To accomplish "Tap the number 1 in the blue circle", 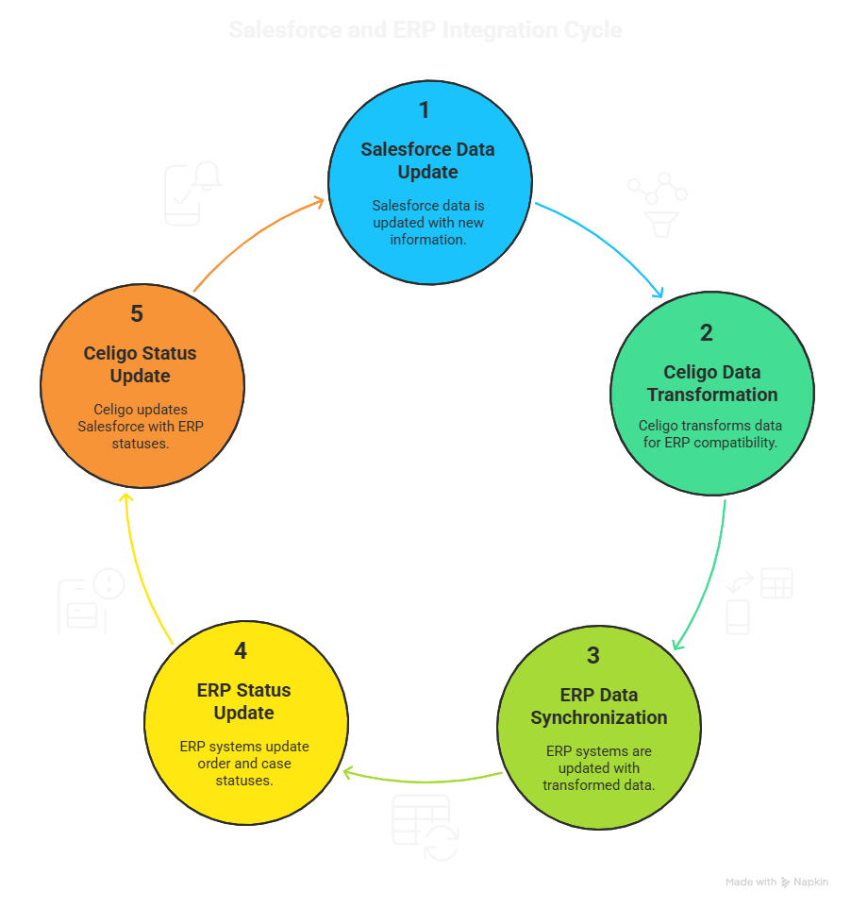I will pos(425,110).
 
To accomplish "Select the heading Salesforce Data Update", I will pos(427,160).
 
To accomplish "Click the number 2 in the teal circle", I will pos(707,332).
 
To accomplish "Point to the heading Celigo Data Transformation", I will pos(712,383).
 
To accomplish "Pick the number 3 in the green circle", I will pos(593,655).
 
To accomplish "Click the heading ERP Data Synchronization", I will pos(598,706).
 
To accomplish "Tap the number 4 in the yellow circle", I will pos(242,651).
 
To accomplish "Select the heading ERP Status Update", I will pos(244,701).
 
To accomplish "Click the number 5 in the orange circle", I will pos(137,313).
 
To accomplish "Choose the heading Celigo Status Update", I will pos(141,364).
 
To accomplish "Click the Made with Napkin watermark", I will pos(776,882).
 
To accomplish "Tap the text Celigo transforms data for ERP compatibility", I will pos(709,433).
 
